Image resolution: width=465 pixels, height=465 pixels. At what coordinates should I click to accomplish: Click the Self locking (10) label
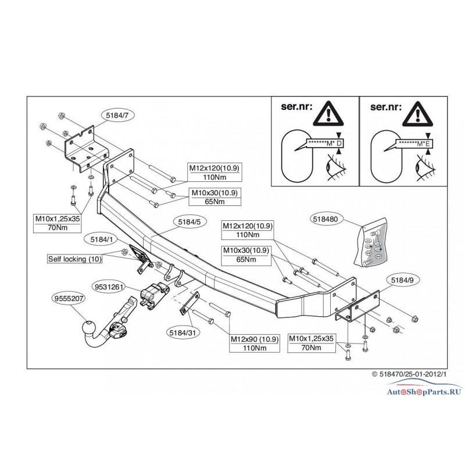click(75, 259)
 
